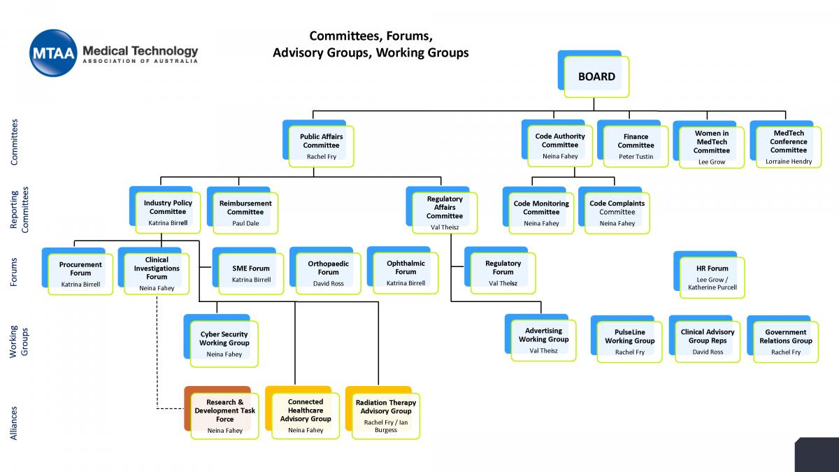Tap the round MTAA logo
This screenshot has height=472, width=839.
point(53,53)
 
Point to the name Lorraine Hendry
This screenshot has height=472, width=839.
point(789,162)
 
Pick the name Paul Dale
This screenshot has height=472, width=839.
point(245,223)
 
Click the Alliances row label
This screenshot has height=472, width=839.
point(13,423)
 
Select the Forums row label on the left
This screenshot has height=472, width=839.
point(13,272)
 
